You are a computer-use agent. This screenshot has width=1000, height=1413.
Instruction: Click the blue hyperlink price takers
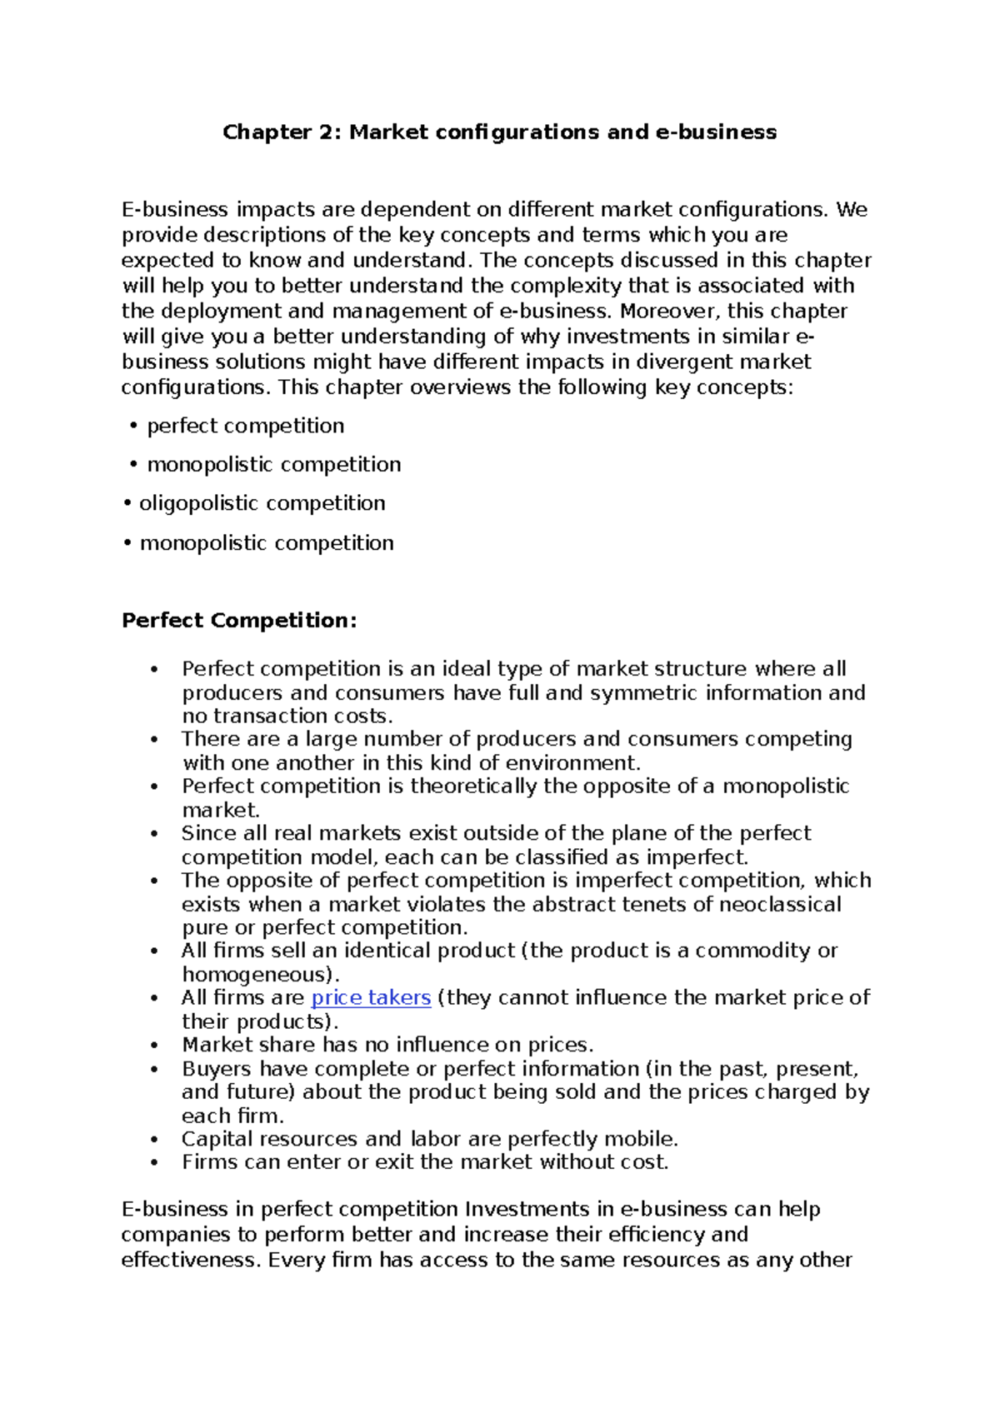[370, 997]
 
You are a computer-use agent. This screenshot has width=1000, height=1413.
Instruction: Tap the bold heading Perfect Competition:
[239, 621]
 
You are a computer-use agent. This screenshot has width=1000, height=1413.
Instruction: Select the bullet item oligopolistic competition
[262, 503]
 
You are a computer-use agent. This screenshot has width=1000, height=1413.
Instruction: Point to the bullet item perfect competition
[245, 426]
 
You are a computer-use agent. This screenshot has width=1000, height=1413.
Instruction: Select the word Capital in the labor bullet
[217, 1139]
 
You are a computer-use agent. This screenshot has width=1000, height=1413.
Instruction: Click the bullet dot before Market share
[153, 1046]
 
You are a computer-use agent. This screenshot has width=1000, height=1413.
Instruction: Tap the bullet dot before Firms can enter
[153, 1162]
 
